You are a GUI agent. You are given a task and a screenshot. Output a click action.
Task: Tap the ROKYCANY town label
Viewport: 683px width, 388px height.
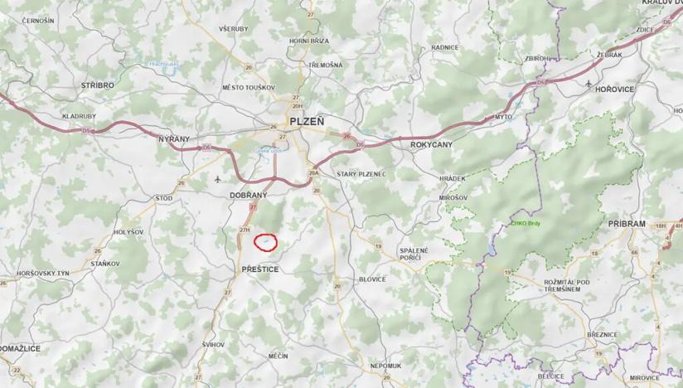pyautogui.click(x=431, y=144)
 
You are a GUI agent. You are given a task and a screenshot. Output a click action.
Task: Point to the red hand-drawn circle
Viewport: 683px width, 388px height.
pyautogui.click(x=264, y=242)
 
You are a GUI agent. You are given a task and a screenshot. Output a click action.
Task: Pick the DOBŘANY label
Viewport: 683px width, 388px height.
pyautogui.click(x=246, y=195)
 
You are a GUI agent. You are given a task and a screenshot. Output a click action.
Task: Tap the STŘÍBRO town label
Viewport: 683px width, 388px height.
pyautogui.click(x=97, y=85)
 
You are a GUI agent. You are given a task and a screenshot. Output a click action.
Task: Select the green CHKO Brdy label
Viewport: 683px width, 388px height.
pyautogui.click(x=525, y=224)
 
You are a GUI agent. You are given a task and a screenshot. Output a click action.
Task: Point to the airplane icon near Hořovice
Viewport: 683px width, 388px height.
pyautogui.click(x=589, y=85)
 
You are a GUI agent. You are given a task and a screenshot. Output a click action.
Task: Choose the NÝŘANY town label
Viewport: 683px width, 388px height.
pyautogui.click(x=174, y=139)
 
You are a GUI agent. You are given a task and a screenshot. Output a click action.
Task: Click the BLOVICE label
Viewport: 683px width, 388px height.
pyautogui.click(x=372, y=279)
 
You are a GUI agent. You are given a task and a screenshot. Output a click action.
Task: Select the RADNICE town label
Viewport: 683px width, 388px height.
pyautogui.click(x=445, y=47)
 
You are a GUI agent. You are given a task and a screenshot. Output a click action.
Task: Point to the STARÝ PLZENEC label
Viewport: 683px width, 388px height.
pyautogui.click(x=361, y=174)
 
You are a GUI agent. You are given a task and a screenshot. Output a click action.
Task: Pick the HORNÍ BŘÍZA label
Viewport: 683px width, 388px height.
pyautogui.click(x=309, y=41)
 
